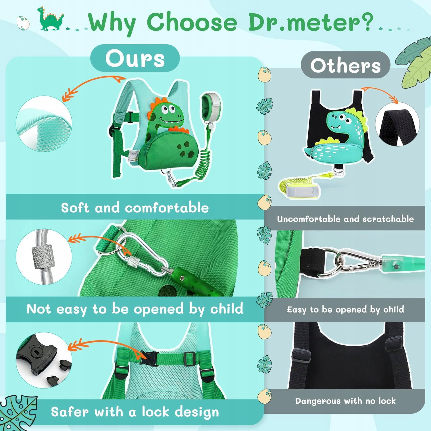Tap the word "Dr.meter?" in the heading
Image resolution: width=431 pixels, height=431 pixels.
coord(310,22)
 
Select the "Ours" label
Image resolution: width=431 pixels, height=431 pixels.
coord(135,58)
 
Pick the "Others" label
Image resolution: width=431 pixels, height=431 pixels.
coord(345,66)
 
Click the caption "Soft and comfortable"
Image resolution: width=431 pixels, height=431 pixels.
coord(135,207)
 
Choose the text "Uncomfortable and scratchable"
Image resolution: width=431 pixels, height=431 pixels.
coord(345,219)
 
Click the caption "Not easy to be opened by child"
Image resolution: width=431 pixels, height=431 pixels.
coord(135,309)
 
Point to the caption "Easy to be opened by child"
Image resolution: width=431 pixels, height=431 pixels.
coord(345,309)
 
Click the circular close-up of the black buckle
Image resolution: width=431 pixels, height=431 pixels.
coord(44,361)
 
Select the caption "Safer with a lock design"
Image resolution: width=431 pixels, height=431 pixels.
coord(135,412)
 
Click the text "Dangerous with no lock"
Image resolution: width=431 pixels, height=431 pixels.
coord(345,401)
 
